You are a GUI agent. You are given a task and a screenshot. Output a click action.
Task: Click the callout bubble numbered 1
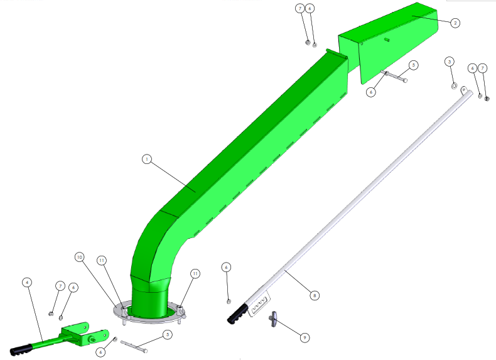tap(146, 159)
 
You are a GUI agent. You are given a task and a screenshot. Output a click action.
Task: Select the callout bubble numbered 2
tap(455, 23)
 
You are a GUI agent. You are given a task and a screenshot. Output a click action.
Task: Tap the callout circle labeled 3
tap(450, 62)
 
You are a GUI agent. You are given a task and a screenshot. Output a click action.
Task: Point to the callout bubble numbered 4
tap(27, 282)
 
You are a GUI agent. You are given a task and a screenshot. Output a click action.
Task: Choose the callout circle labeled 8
tap(315, 295)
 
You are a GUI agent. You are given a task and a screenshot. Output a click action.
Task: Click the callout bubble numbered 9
tap(305, 337)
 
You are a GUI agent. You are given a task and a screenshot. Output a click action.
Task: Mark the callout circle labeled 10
tap(79, 257)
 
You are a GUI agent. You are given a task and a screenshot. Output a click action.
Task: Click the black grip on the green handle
tap(21, 349)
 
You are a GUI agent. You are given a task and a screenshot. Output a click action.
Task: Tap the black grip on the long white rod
tap(237, 314)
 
